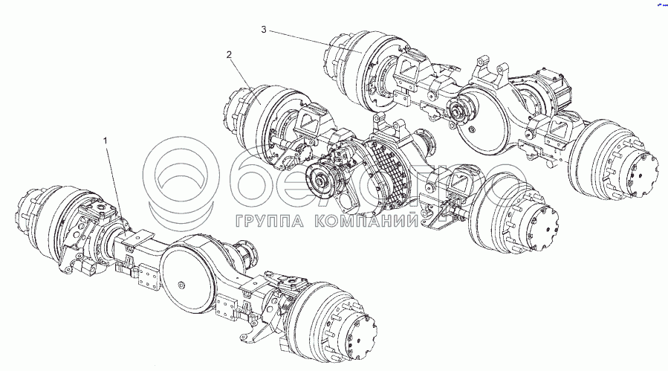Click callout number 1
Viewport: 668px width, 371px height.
point(108,141)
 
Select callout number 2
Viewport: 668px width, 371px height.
point(230,54)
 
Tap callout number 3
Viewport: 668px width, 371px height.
point(264,29)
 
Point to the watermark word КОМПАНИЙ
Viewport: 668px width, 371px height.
point(365,221)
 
